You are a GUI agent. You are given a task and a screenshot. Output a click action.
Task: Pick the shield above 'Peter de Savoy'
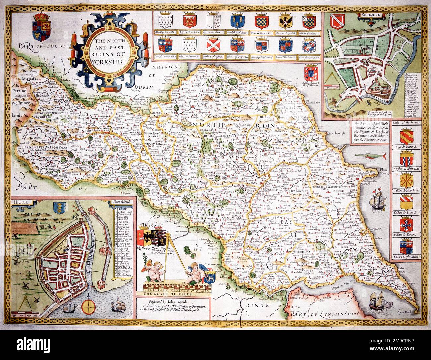coord(285,21)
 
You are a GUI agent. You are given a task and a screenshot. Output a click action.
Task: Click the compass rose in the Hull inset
coord(88,305)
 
